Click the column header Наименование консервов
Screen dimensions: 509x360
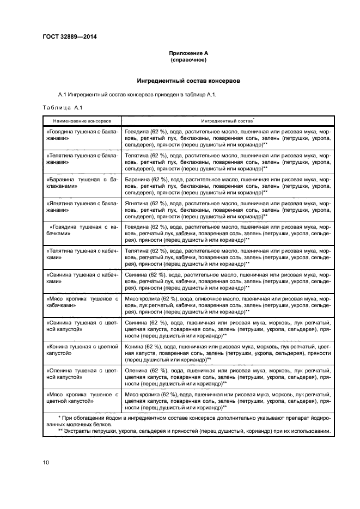(x=82, y=120)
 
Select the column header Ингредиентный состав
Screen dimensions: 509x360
(x=227, y=120)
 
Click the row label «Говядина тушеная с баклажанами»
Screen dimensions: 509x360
(x=82, y=135)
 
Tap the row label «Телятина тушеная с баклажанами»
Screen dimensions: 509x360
(x=82, y=158)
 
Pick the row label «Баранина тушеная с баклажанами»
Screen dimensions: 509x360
(x=82, y=182)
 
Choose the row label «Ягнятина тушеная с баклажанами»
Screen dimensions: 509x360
(x=82, y=206)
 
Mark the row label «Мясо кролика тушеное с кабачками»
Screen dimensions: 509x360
(x=82, y=302)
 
